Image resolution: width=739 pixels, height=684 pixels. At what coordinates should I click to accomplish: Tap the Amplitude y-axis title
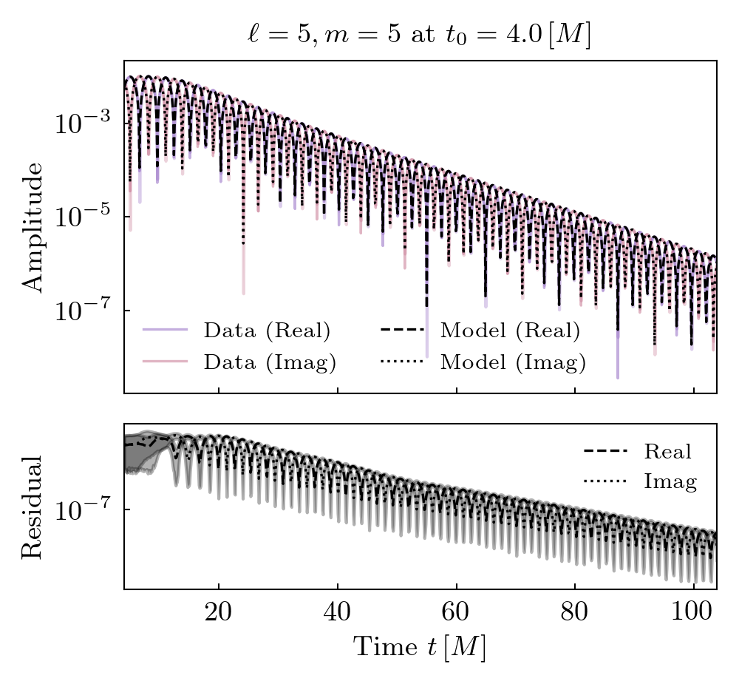(x=33, y=226)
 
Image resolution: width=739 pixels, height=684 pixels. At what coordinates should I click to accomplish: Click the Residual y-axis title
(x=33, y=507)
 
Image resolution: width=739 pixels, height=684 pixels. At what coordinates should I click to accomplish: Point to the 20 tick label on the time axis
(x=218, y=616)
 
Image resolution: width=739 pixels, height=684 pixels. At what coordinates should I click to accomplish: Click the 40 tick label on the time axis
(x=337, y=616)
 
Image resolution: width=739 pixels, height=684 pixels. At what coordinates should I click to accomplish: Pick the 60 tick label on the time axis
(x=457, y=616)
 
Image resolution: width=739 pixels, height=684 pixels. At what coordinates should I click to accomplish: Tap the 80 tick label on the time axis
(x=575, y=616)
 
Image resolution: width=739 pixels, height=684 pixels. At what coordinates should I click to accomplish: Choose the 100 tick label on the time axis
(x=694, y=616)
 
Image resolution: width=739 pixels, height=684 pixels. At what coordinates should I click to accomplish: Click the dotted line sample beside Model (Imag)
(x=402, y=362)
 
